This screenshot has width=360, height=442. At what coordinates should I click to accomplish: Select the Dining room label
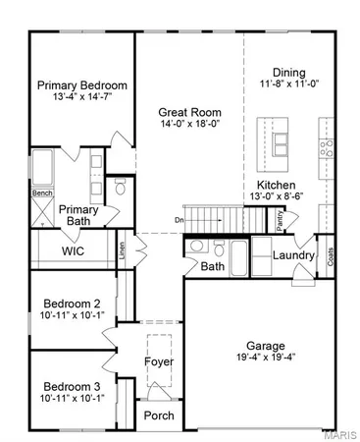[288, 73]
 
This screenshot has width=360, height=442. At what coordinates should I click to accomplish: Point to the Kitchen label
[277, 185]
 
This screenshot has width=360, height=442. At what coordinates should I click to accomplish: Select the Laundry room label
[294, 256]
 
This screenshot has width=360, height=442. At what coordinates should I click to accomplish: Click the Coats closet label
[330, 256]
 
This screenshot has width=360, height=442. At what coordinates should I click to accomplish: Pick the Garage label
[265, 346]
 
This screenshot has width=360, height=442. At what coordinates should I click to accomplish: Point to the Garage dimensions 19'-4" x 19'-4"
[265, 360]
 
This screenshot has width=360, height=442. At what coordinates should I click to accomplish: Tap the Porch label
[159, 415]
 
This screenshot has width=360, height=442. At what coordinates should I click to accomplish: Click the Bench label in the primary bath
[42, 193]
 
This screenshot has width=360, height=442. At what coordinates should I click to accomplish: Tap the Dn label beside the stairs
[179, 219]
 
